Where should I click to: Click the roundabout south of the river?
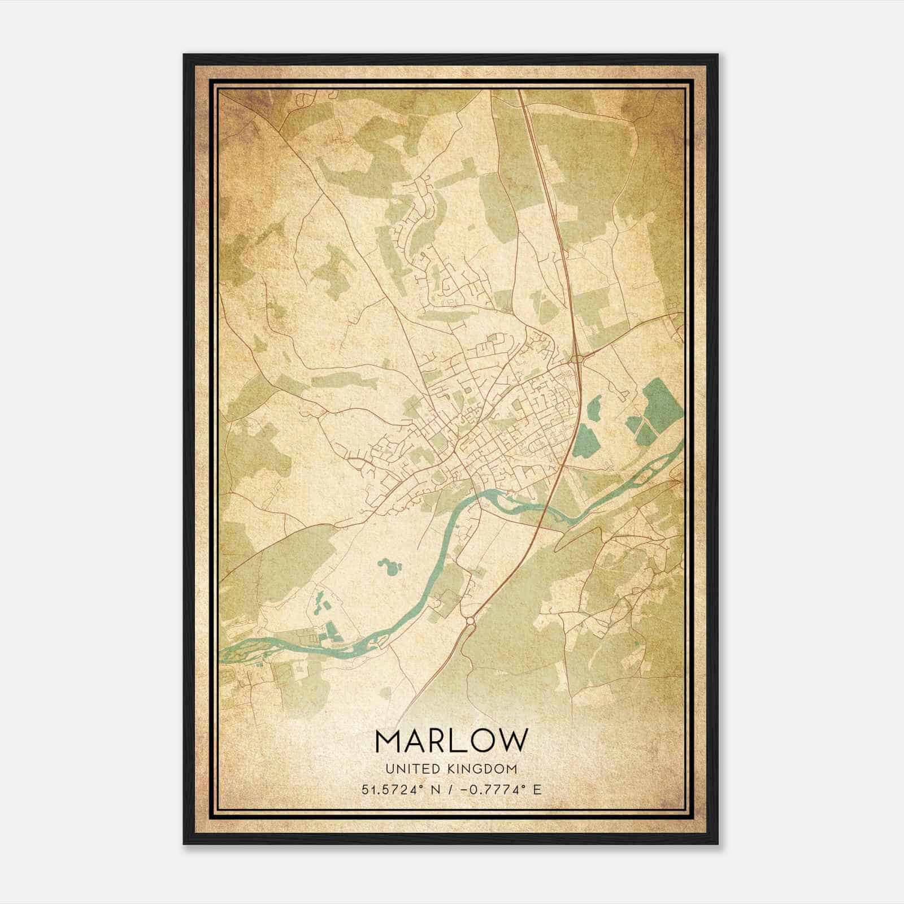470,622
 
